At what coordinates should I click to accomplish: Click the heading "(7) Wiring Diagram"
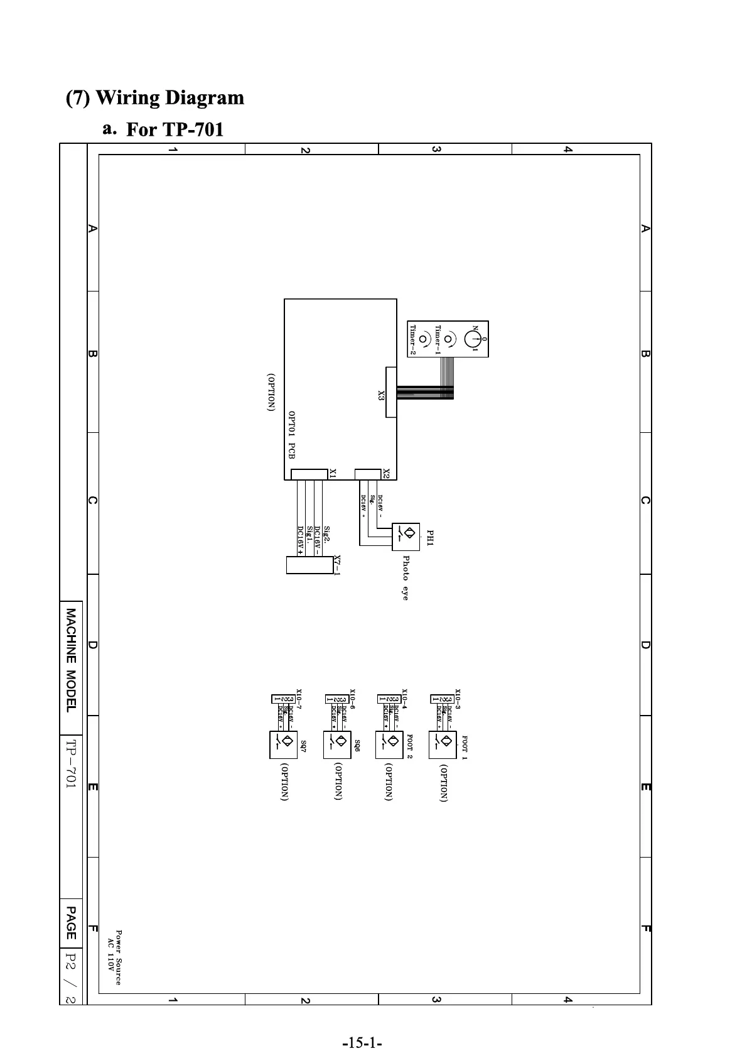point(155,98)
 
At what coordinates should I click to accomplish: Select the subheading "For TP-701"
point(175,129)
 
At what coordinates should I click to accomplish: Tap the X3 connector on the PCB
point(390,392)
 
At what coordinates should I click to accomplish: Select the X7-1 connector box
point(309,564)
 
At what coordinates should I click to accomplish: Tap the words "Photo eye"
point(406,577)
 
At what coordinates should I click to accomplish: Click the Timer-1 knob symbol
point(448,339)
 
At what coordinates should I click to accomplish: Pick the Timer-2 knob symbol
point(423,339)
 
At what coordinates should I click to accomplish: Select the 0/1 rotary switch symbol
point(473,339)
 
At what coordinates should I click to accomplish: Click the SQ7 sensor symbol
point(283,744)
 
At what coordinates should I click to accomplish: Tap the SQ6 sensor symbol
point(337,744)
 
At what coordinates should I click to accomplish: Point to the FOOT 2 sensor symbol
point(389,744)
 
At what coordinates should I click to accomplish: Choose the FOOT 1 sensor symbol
point(443,744)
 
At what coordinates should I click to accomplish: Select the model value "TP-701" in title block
point(72,763)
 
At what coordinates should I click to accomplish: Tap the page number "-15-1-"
point(362,1026)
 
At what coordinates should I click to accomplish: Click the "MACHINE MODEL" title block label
point(72,660)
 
